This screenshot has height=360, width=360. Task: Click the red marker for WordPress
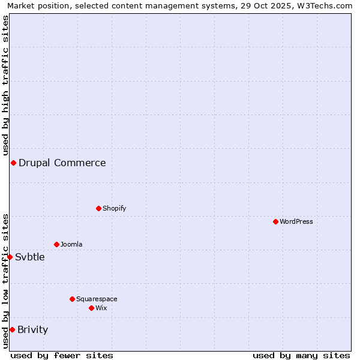coord(275,221)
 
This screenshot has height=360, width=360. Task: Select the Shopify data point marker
coord(98,208)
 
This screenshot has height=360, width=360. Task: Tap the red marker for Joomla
coord(56,244)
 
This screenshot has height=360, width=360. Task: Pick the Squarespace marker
coord(72,299)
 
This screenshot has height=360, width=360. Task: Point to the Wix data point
coord(91,308)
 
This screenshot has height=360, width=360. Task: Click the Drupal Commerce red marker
coord(13,163)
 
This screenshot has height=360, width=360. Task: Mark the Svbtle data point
coord(10,257)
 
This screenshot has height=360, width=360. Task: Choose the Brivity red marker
coord(12,329)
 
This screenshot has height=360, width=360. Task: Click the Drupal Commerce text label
coord(62,163)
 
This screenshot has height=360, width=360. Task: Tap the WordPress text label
coord(296,221)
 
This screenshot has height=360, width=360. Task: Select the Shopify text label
coord(114,208)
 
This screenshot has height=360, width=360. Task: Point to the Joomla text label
coord(71,244)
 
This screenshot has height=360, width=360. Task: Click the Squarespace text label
coord(97,299)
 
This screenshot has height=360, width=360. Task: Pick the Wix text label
coord(101,308)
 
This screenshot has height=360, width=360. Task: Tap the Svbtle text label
coord(30,257)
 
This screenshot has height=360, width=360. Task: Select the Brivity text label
coord(32,329)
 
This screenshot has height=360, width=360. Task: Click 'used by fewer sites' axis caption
coord(62,355)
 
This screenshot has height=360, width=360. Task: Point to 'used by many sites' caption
coord(301,355)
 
